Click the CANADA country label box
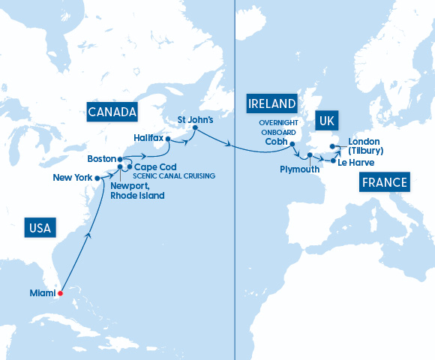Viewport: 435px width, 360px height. [x=112, y=112]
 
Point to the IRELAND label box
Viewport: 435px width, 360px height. [x=271, y=103]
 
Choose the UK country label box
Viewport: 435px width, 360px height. [x=326, y=121]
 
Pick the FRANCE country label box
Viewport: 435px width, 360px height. [x=384, y=182]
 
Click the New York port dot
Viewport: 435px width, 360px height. [x=97, y=178]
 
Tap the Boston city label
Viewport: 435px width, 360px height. [x=101, y=159]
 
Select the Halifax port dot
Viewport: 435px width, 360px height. [x=168, y=139]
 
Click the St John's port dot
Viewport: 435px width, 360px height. [x=194, y=128]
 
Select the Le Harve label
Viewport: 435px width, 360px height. [x=356, y=162]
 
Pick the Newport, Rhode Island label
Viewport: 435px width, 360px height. [x=137, y=190]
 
